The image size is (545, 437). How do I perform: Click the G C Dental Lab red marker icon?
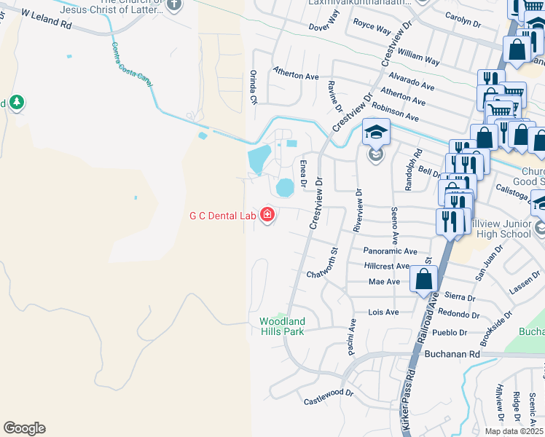(267, 215)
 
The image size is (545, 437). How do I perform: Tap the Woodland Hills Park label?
(282, 326)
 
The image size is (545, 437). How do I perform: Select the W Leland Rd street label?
(47, 19)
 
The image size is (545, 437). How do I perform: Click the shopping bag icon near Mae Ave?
(423, 280)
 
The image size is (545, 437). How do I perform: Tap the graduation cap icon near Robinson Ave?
(376, 132)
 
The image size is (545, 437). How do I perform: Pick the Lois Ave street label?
(384, 312)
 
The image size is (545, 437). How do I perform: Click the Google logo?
(24, 428)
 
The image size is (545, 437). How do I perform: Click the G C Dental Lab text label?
(222, 216)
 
